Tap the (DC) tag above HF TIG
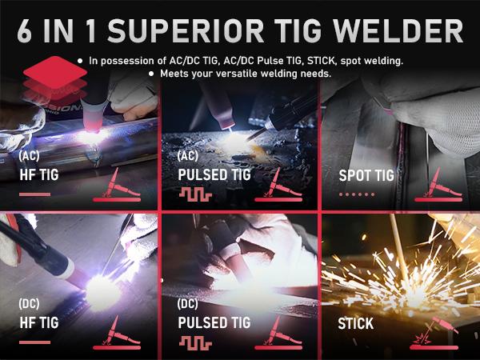pos(30,303)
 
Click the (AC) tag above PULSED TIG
pos(190,155)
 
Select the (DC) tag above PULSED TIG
pos(190,305)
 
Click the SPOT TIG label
pos(366,175)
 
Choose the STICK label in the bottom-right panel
pos(355,324)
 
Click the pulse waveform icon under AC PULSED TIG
pos(193,194)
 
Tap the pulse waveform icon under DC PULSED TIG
pos(193,342)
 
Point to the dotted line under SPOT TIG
pos(355,194)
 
